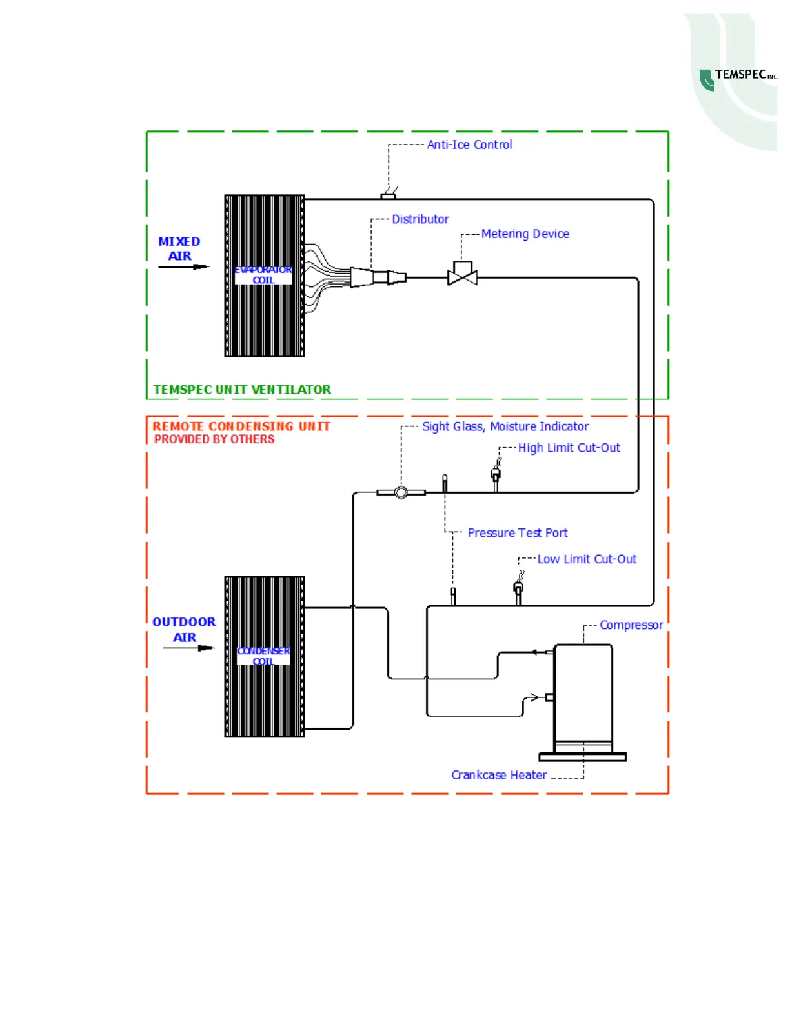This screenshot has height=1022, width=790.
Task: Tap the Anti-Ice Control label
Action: [469, 145]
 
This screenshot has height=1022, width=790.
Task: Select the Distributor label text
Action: [420, 219]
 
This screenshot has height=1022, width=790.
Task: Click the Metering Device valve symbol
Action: [463, 276]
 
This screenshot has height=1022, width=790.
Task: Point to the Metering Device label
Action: [525, 234]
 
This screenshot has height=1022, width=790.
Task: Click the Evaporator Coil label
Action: [263, 275]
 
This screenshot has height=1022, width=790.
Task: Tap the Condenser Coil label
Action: [263, 656]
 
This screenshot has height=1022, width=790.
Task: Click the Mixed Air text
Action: [179, 248]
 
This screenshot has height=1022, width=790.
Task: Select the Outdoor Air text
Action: [184, 629]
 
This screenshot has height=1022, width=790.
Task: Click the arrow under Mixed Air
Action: [184, 266]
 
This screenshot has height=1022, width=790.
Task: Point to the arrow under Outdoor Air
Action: [188, 648]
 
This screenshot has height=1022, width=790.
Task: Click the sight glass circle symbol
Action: [401, 493]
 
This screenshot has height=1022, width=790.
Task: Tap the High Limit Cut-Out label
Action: [569, 448]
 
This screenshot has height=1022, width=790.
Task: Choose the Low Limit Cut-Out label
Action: [587, 559]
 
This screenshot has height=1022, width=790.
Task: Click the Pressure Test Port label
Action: [517, 533]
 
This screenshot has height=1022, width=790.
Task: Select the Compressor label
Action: [631, 625]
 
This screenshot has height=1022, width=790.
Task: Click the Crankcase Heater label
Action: [499, 775]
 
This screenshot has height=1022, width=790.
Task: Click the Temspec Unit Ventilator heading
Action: [242, 390]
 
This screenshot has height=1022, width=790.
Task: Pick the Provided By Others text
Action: [214, 439]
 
